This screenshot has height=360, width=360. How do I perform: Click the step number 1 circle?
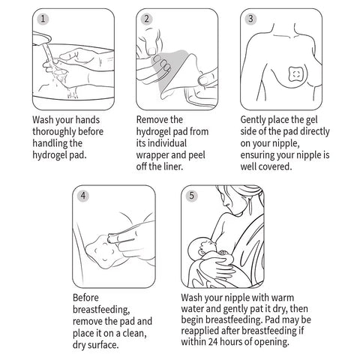point(43,19)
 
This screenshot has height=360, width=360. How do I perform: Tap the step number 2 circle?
point(146,19)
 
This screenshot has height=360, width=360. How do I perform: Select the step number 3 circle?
point(250,19)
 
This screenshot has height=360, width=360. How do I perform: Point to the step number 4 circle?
point(83,196)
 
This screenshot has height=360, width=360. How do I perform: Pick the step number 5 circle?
point(191,196)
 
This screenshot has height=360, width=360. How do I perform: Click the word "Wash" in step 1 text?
point(43,120)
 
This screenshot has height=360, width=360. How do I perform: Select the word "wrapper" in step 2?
point(152,155)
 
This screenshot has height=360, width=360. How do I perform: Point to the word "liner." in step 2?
point(172,166)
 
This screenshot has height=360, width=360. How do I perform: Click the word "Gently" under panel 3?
point(253,120)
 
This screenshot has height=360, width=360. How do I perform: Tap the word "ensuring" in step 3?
point(259,155)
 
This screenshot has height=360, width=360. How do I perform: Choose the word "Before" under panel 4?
point(85,298)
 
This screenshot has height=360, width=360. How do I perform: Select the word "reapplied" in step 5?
point(200,331)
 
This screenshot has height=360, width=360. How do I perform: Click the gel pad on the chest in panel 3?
point(296,74)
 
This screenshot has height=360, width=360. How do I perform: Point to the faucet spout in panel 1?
point(41,38)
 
